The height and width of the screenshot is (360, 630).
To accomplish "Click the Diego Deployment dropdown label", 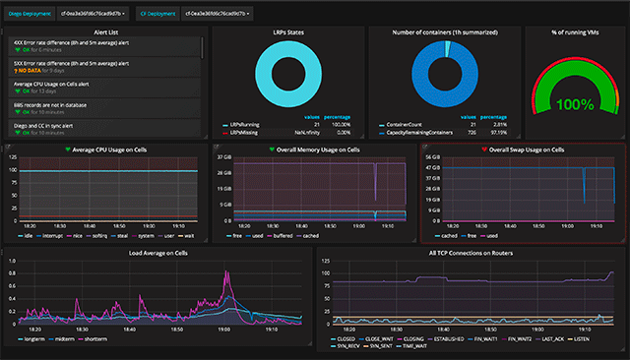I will pyautogui.click(x=31, y=14).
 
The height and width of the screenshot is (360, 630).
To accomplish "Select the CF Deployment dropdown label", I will pyautogui.click(x=155, y=14).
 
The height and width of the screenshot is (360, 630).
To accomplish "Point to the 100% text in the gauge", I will pyautogui.click(x=576, y=102).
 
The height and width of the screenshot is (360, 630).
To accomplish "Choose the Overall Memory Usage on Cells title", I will pyautogui.click(x=313, y=150).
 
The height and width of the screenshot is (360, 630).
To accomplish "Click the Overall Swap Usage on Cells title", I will pyautogui.click(x=526, y=150).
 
